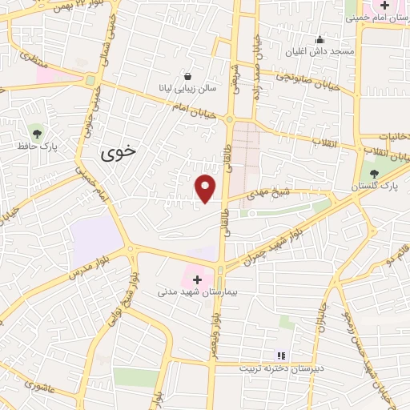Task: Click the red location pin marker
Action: [x=206, y=188]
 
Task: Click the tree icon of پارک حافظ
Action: [x=35, y=131]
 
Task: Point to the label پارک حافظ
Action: [x=35, y=147]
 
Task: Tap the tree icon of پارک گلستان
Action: [x=374, y=173]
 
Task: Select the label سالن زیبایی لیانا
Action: [x=187, y=88]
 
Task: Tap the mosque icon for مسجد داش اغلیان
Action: [x=320, y=39]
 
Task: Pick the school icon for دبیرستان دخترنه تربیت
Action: [x=280, y=355]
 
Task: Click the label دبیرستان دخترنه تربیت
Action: [x=279, y=369]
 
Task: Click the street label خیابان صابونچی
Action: [x=320, y=79]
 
